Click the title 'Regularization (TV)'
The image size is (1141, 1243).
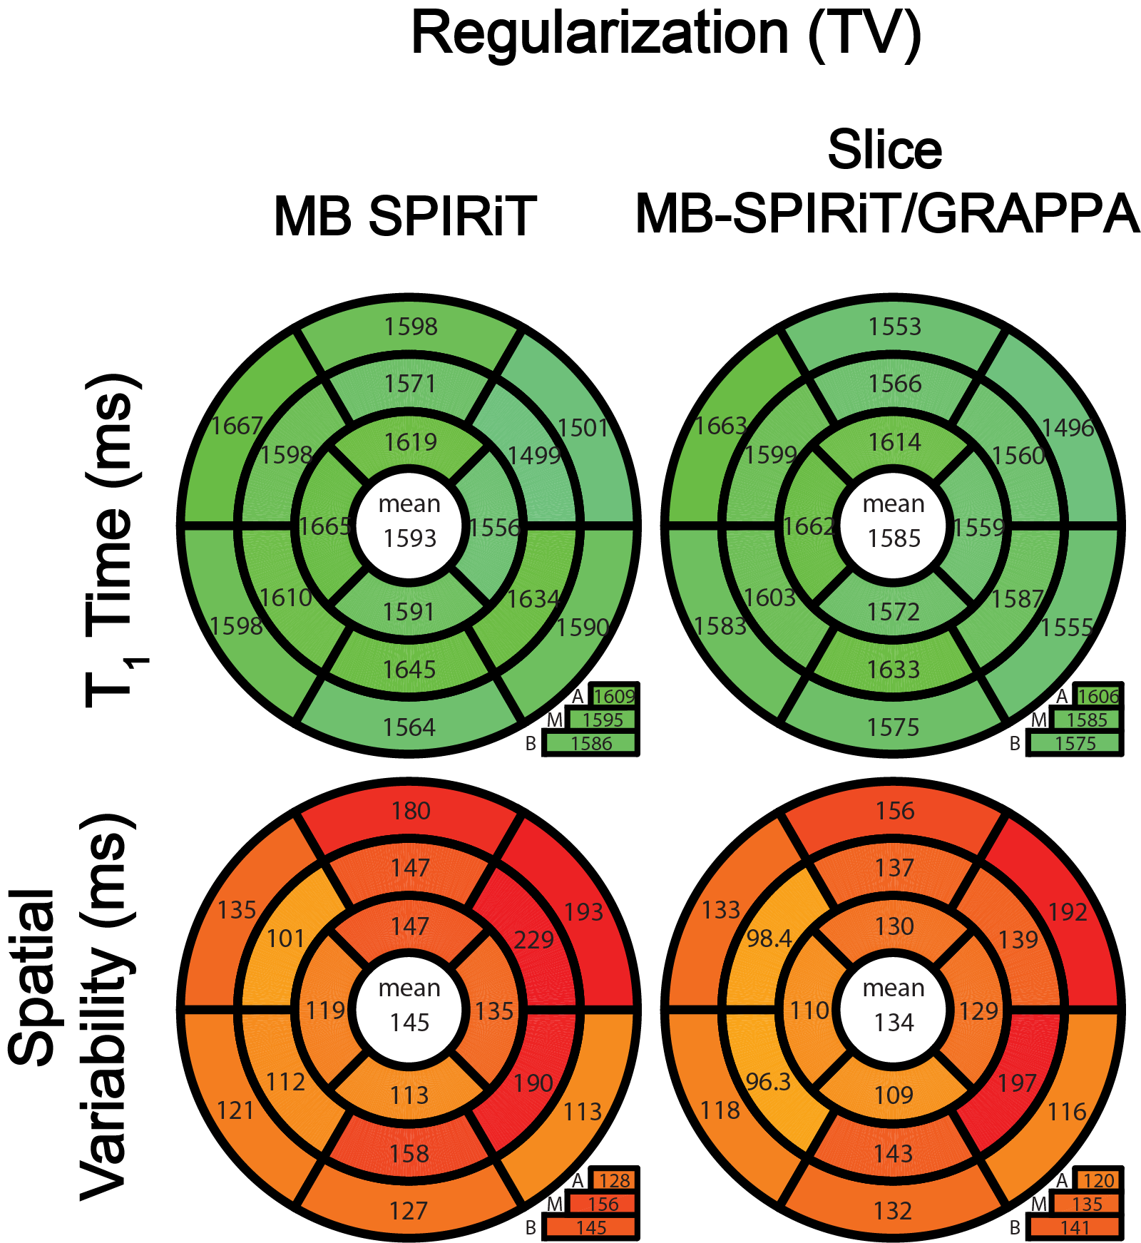[x=666, y=34]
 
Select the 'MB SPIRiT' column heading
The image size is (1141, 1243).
[x=404, y=216]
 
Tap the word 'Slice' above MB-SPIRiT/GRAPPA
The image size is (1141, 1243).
[x=884, y=150]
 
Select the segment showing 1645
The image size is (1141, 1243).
[x=409, y=669]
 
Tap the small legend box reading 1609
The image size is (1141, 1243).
[x=613, y=696]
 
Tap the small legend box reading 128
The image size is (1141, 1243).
[x=613, y=1180]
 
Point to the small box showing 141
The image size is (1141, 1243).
[x=1074, y=1227]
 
